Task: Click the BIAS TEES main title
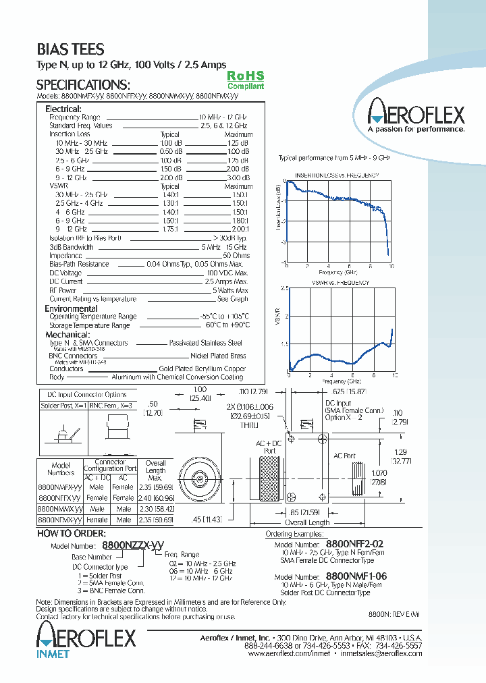pos(70,49)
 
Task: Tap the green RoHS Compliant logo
pos(245,80)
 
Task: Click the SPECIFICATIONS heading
pos(82,85)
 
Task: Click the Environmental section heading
pos(71,308)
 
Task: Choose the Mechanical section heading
pos(67,335)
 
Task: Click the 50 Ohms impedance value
pos(236,256)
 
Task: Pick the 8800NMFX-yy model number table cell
pos(59,487)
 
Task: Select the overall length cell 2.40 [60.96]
pos(155,497)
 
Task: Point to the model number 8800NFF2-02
pos(356,542)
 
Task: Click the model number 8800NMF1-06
pos(356,576)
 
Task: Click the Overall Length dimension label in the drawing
pos(306,522)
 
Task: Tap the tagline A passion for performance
pos(416,129)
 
